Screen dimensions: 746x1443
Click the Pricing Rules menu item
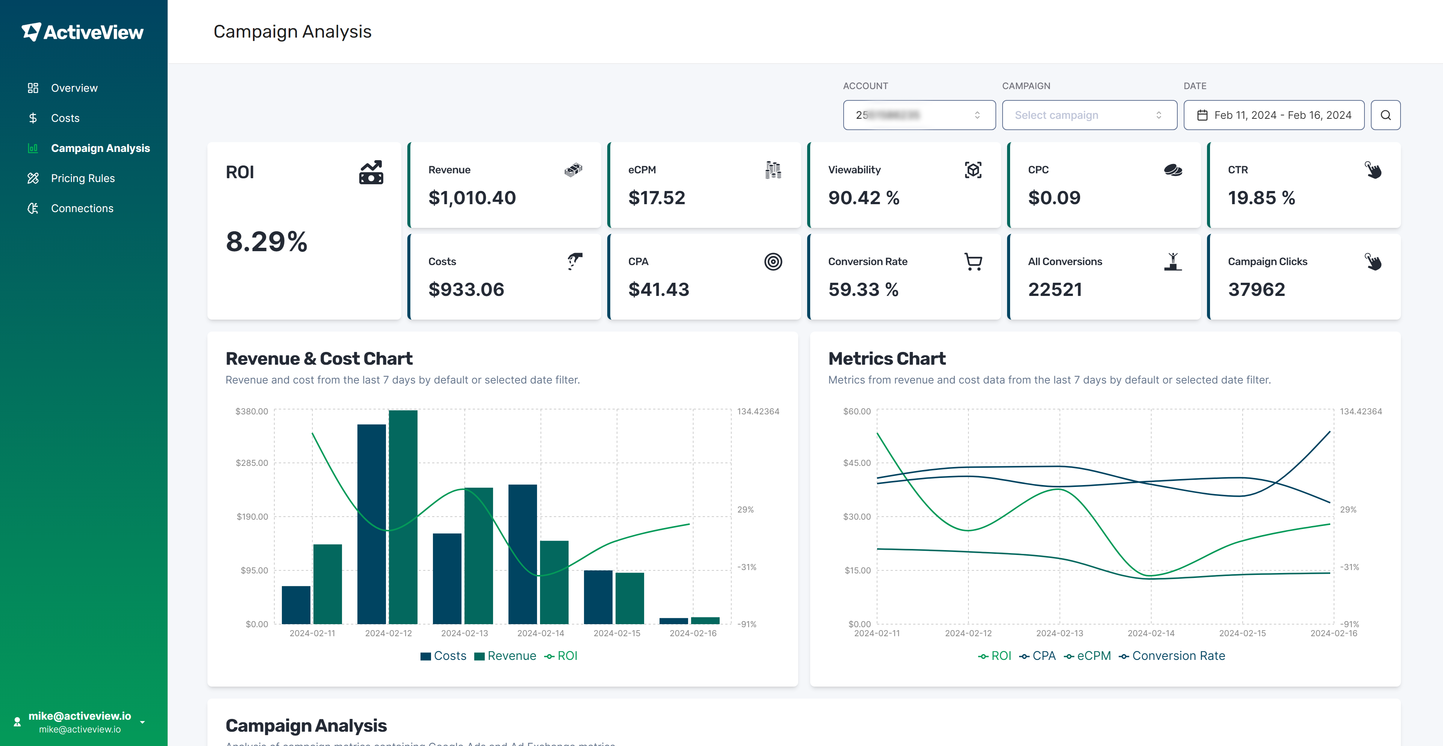click(x=82, y=178)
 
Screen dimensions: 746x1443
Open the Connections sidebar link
click(x=82, y=209)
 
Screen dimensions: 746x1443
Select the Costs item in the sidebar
click(x=65, y=118)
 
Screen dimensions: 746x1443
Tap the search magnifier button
click(x=1385, y=115)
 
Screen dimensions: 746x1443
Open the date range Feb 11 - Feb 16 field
click(x=1273, y=115)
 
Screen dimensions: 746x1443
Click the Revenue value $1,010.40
click(x=472, y=198)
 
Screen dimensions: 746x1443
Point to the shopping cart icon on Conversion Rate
click(x=973, y=262)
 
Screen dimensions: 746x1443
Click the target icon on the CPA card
click(x=773, y=262)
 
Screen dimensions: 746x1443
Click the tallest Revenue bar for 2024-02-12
click(x=403, y=516)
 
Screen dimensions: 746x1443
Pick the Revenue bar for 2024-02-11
click(x=327, y=584)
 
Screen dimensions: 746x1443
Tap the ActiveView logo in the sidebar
click(x=83, y=32)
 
